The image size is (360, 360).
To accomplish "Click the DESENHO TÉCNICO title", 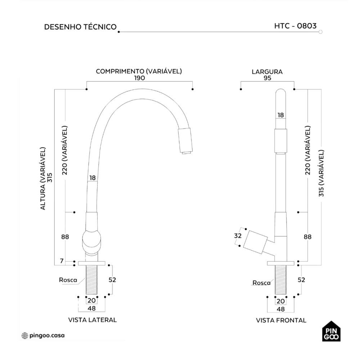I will click(x=80, y=27).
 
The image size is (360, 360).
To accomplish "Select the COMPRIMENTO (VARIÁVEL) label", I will click(x=139, y=71).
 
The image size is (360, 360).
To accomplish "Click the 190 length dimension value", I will click(x=139, y=78).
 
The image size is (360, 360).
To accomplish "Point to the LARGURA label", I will click(x=267, y=72).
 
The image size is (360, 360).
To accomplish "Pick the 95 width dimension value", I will click(x=267, y=78).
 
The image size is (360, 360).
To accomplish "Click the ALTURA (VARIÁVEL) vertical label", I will click(x=43, y=178).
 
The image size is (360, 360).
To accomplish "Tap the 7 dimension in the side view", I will click(x=62, y=261).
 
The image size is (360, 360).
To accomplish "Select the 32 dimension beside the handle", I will click(x=238, y=236).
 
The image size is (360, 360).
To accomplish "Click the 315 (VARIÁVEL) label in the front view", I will click(x=321, y=173).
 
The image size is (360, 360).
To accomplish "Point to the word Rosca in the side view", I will click(x=68, y=280).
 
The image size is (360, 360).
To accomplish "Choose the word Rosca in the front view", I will click(x=261, y=283).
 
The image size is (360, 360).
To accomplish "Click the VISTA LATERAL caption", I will click(x=93, y=320).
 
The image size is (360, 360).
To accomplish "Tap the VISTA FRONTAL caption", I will click(x=281, y=320).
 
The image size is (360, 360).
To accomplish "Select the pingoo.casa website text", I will click(x=47, y=336).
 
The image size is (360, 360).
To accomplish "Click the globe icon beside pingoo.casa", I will click(x=25, y=336).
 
